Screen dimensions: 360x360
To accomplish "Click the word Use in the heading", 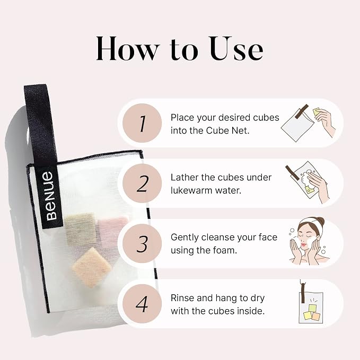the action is (x=236, y=49).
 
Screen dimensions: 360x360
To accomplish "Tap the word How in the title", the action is (x=128, y=49).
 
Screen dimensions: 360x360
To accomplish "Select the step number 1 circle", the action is (x=142, y=123).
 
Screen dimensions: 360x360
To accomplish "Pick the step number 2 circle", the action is (x=142, y=183).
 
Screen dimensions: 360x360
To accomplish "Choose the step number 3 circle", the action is (x=142, y=243).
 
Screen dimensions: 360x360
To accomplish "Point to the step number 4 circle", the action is (x=142, y=303).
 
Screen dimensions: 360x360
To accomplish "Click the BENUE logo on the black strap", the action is (x=51, y=196).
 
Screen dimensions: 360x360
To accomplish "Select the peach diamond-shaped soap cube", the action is (x=92, y=267).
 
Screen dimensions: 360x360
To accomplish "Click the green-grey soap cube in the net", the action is (x=81, y=229).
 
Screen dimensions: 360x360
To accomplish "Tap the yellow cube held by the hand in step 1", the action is (x=317, y=112).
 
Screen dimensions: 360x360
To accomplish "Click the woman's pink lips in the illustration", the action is (x=304, y=244).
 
